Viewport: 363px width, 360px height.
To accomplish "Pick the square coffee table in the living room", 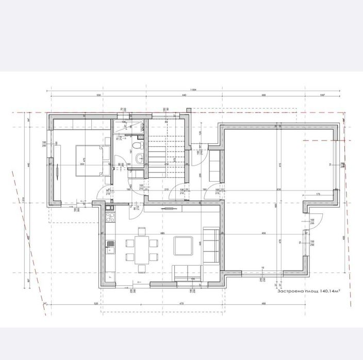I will click(183, 246).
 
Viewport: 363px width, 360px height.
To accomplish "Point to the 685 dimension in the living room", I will click(162, 233).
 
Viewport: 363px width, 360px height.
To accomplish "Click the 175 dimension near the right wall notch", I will click(319, 194).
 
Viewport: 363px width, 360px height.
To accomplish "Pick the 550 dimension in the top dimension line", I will click(97, 96).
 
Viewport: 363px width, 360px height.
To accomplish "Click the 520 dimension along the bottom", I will click(96, 304).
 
